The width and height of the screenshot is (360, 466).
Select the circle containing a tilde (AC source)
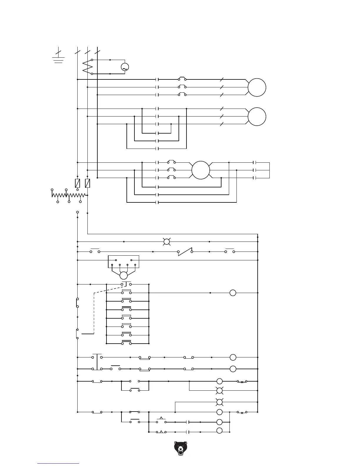[x=125, y=67]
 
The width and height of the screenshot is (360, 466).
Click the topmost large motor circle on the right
[x=257, y=87]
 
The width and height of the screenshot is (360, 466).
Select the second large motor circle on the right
[x=257, y=116]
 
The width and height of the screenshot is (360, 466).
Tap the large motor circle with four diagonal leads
[x=201, y=170]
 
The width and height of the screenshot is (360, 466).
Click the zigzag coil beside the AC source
[x=88, y=67]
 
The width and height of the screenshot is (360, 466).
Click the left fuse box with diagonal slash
[x=78, y=183]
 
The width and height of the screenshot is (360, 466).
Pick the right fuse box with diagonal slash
[x=87, y=183]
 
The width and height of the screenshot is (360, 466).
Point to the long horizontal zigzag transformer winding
[x=69, y=195]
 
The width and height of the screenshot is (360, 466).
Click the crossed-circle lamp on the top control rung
[x=167, y=242]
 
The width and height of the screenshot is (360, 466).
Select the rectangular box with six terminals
[x=124, y=262]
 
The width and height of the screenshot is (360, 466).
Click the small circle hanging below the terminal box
[x=124, y=276]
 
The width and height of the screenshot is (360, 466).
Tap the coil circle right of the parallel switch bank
[x=233, y=293]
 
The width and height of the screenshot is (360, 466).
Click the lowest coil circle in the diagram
[x=219, y=431]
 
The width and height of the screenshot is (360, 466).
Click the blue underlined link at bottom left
[x=58, y=463]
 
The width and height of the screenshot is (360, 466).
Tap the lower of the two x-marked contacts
[x=242, y=412]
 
